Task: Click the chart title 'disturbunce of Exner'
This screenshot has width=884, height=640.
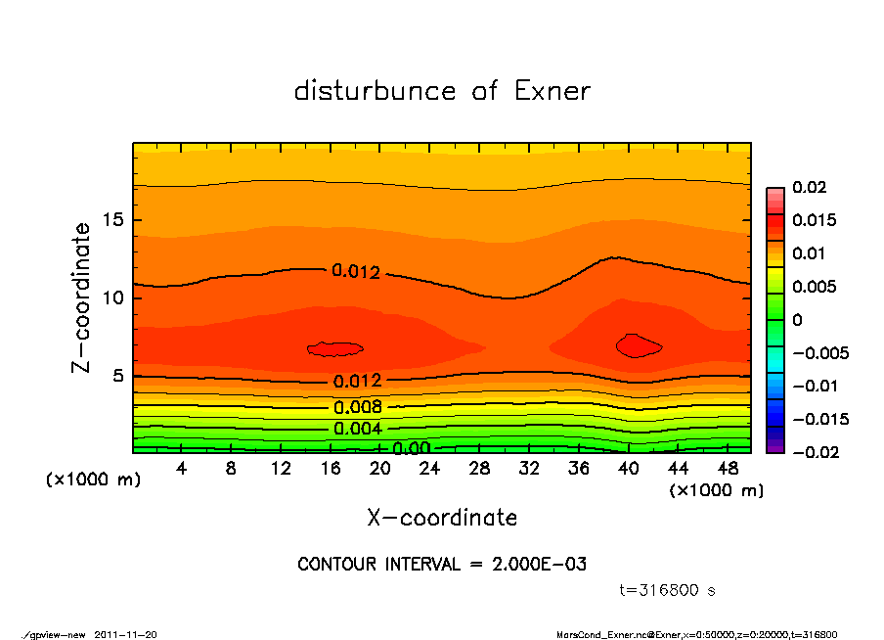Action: coord(442,91)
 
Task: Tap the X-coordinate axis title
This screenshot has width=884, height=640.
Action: coord(442,518)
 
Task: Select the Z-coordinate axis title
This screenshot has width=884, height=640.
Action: coord(82,297)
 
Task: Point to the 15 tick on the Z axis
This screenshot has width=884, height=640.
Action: coord(113,220)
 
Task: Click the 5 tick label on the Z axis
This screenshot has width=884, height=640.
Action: coord(118,376)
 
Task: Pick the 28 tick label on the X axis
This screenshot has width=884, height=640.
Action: coord(479,468)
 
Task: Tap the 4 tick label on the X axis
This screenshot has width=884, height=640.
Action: coord(182,468)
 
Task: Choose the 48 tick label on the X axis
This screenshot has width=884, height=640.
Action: coord(728,468)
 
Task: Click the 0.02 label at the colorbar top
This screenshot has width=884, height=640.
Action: coord(811,187)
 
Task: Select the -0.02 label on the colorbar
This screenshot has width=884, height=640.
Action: coord(815,452)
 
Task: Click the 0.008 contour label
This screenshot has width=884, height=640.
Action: coord(357,407)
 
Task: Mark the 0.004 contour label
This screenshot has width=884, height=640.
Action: coord(357,429)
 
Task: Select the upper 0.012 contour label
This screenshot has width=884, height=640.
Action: coord(356,272)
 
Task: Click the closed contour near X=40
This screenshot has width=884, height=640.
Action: coord(639,344)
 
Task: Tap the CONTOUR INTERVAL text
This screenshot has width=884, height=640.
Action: coord(442,564)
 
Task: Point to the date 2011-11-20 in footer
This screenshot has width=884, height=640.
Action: coord(126,634)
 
